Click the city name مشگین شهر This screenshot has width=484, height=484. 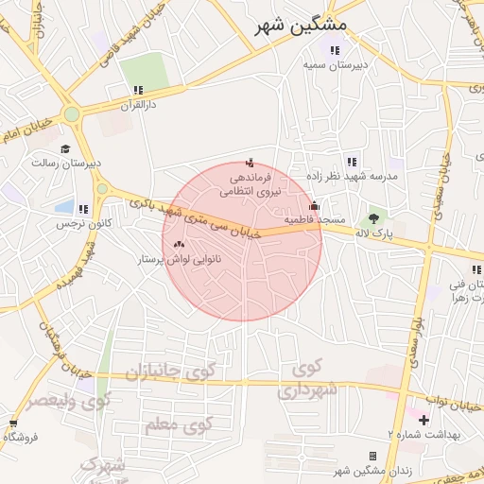(302, 25)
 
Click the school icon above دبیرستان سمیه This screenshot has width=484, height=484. (333, 50)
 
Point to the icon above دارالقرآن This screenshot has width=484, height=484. (138, 90)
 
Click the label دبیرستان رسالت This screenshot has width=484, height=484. (66, 164)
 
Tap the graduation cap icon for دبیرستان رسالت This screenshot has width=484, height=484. (65, 148)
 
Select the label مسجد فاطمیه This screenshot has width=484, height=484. (317, 219)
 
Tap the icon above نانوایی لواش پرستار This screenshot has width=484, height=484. (179, 244)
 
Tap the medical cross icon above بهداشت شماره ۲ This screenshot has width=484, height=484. (423, 419)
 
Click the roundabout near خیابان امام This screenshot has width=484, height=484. (71, 115)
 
